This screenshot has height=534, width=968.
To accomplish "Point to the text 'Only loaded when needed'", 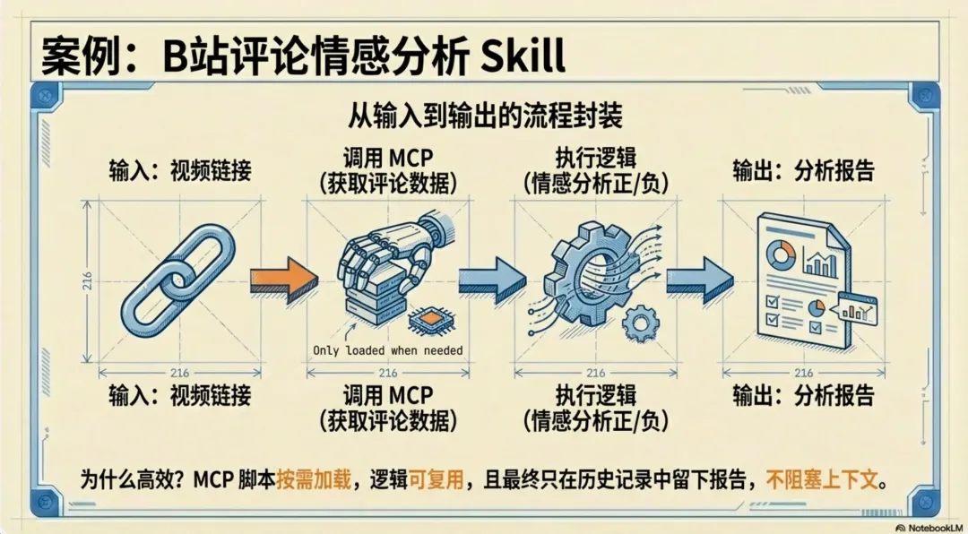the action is [x=387, y=350].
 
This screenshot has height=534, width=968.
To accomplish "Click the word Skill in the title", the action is [x=523, y=56].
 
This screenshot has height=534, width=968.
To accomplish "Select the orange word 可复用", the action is [x=436, y=480].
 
